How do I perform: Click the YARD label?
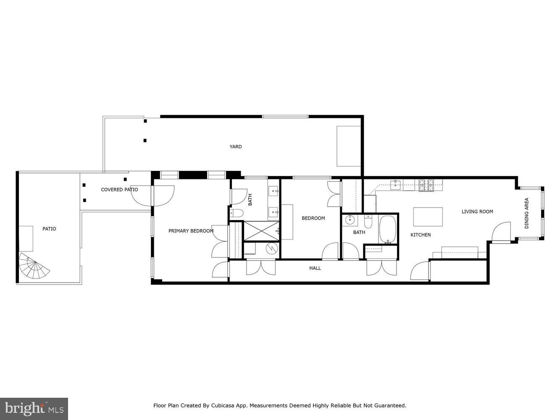coord(235,147)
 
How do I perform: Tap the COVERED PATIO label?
coord(119,190)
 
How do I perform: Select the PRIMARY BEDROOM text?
coord(191,231)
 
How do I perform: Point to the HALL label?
coord(315,268)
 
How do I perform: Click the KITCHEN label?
coord(420,235)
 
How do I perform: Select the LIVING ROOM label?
coord(477,212)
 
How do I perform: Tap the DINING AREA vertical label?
coord(526,213)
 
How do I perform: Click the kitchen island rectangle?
coord(428,217)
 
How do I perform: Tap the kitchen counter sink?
coord(396,183)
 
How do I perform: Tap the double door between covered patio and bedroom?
coord(163,195)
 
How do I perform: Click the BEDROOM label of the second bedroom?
coord(313,218)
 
